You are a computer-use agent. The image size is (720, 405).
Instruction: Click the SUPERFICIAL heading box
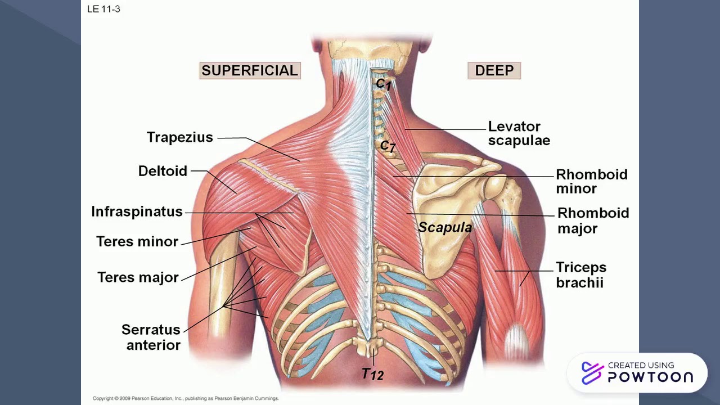(250, 71)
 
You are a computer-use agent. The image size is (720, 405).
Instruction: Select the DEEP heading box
(494, 71)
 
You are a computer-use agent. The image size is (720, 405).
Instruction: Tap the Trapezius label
(180, 137)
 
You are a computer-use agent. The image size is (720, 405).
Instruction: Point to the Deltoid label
(163, 171)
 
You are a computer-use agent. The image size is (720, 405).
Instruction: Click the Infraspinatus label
(137, 211)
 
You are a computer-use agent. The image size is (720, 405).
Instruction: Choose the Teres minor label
(137, 242)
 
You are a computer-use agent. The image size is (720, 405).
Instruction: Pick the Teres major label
(138, 277)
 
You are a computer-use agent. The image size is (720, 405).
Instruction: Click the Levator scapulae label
(518, 133)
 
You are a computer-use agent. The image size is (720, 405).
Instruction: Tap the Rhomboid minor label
(591, 181)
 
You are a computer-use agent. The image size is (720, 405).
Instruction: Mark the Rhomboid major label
(593, 220)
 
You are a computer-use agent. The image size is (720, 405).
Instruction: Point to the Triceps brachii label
(581, 274)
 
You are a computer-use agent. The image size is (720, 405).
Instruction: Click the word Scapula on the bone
(445, 227)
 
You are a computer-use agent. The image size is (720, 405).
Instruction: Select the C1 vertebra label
(384, 84)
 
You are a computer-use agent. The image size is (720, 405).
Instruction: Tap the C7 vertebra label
(388, 146)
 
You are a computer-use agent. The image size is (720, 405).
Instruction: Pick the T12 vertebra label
(372, 373)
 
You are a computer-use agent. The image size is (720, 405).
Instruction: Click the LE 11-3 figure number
(103, 9)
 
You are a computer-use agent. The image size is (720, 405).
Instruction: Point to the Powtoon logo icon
(592, 373)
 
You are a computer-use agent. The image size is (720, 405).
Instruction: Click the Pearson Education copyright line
(186, 398)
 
